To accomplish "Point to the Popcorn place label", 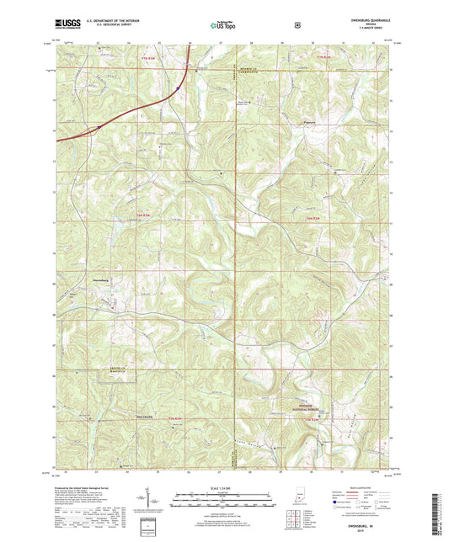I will [309, 122].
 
